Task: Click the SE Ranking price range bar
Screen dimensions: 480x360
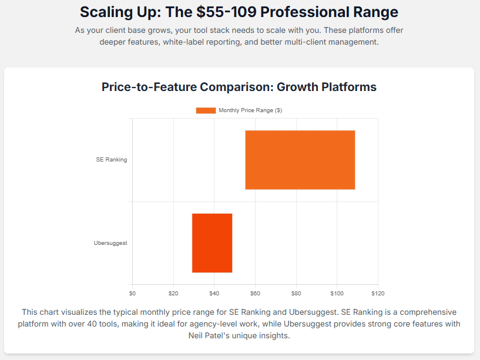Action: click(x=300, y=160)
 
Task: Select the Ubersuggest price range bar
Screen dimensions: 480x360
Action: click(x=212, y=243)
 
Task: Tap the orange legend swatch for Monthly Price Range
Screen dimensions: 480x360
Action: click(x=206, y=110)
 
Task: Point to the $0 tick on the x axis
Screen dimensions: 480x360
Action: click(x=132, y=293)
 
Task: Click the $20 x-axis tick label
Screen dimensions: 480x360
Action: click(x=173, y=293)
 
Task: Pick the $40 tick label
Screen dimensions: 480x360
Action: click(x=214, y=293)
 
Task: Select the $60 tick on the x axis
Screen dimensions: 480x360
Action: click(x=255, y=293)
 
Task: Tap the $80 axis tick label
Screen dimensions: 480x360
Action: click(x=296, y=293)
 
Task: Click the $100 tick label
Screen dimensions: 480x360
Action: click(x=337, y=293)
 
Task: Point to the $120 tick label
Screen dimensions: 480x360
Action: click(x=378, y=293)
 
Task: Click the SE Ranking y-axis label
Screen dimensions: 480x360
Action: click(x=112, y=160)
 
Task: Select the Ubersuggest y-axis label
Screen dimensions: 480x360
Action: click(x=110, y=243)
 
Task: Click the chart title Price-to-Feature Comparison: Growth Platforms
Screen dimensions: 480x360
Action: click(x=239, y=87)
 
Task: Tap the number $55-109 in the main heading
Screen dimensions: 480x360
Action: click(x=226, y=12)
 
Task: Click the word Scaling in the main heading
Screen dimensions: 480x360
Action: click(x=106, y=12)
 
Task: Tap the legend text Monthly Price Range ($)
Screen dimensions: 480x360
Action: click(x=250, y=110)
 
